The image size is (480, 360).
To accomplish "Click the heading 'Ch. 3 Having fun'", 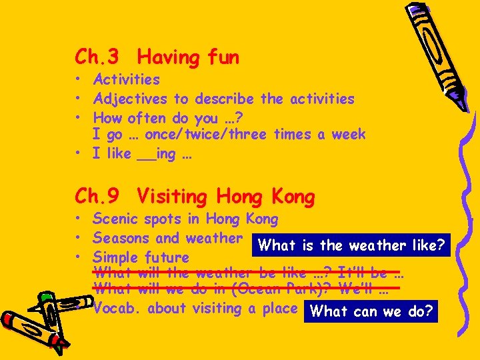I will [157, 57].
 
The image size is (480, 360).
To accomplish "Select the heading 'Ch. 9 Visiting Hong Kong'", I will [195, 197].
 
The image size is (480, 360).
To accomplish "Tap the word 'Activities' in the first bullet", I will [127, 79].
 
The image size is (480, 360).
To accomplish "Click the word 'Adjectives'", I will [131, 99].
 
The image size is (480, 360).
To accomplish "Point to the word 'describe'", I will [224, 99].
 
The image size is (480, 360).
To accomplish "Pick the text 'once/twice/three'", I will [205, 134].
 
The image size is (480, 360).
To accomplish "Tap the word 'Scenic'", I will [115, 219].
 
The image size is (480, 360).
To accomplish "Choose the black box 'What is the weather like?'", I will [351, 245].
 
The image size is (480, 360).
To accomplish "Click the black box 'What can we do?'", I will [371, 311].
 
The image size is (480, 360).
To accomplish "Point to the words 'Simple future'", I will [141, 257].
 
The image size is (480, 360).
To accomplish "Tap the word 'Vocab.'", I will [117, 308].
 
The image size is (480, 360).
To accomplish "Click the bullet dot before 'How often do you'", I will [79, 119].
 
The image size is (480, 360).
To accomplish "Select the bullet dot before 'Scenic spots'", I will [79, 219].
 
